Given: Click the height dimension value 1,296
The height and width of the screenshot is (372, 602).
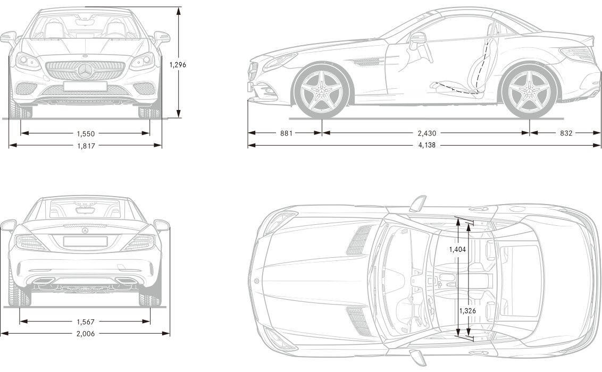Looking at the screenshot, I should pyautogui.click(x=178, y=65).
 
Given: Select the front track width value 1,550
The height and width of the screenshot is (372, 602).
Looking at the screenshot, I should pyautogui.click(x=85, y=134).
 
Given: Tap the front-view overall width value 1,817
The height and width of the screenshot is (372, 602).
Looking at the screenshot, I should pyautogui.click(x=85, y=145).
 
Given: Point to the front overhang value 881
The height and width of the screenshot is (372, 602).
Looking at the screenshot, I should pyautogui.click(x=286, y=133).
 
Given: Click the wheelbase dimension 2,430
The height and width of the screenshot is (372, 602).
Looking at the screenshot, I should pyautogui.click(x=427, y=133).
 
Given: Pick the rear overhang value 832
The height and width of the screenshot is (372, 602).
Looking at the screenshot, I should pyautogui.click(x=566, y=133).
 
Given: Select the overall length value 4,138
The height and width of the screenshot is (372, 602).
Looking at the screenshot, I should pyautogui.click(x=425, y=145).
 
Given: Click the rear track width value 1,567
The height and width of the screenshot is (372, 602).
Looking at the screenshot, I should pyautogui.click(x=85, y=322).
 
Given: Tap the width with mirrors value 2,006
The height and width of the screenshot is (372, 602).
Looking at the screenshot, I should pyautogui.click(x=85, y=334).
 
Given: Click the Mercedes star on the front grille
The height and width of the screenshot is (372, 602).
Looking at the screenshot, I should pyautogui.click(x=85, y=71).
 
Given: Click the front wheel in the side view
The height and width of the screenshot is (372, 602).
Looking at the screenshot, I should pyautogui.click(x=321, y=90).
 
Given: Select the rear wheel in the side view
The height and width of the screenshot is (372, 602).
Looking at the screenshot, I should pyautogui.click(x=529, y=90).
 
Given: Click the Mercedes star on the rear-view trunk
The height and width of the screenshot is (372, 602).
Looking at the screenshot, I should pyautogui.click(x=85, y=231).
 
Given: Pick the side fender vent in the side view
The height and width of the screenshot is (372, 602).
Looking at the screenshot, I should pyautogui.click(x=366, y=62).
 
